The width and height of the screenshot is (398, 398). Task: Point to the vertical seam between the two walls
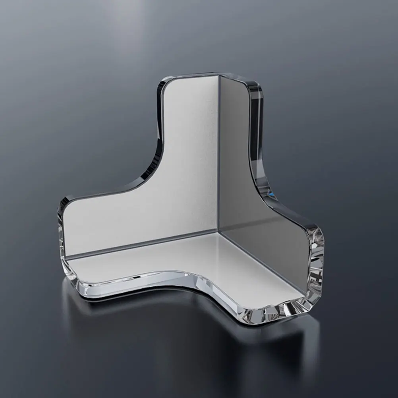[218, 159]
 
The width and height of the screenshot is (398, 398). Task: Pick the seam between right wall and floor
[262, 262]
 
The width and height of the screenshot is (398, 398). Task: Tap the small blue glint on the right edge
[271, 194]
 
